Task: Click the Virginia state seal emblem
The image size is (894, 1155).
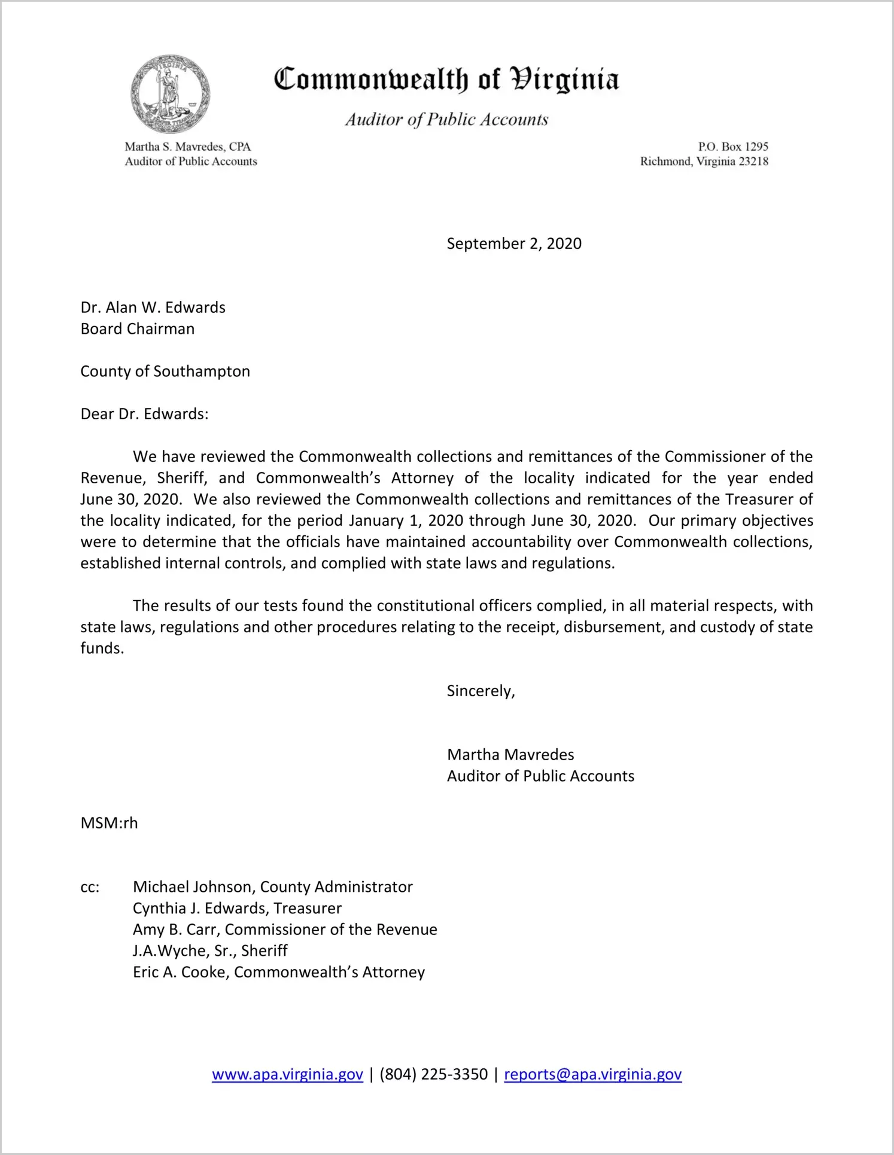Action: (x=171, y=95)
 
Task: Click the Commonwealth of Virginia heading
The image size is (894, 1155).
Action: (x=446, y=80)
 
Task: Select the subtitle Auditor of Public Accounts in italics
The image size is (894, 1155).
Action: (x=446, y=120)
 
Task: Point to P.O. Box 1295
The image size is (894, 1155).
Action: (x=732, y=147)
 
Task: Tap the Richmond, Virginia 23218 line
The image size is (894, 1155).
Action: (x=704, y=161)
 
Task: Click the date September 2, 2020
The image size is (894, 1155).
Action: (x=514, y=243)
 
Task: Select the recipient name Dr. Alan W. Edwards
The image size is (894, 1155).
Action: (x=153, y=307)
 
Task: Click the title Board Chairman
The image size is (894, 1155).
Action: (x=138, y=329)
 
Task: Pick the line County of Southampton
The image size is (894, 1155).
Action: (x=165, y=371)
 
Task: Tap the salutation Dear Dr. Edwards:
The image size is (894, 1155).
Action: (x=145, y=414)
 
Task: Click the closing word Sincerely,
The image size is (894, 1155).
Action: (x=481, y=691)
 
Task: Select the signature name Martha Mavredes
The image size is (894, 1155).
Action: (x=510, y=755)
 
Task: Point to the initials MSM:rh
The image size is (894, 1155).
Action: (x=109, y=823)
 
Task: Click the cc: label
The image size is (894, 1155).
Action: (x=90, y=887)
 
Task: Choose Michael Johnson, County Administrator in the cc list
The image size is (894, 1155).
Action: (x=273, y=887)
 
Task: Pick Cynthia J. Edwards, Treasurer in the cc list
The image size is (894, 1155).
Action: (x=237, y=909)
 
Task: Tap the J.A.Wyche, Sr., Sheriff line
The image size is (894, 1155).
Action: (x=210, y=951)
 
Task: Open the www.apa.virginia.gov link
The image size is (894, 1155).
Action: (x=287, y=1075)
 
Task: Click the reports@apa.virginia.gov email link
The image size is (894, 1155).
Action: (x=592, y=1075)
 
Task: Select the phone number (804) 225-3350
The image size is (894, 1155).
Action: (x=433, y=1075)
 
